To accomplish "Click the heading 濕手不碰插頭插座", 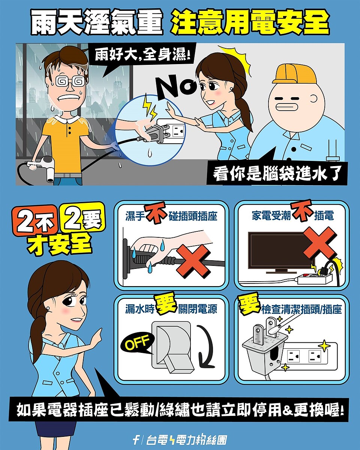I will [171, 216].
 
